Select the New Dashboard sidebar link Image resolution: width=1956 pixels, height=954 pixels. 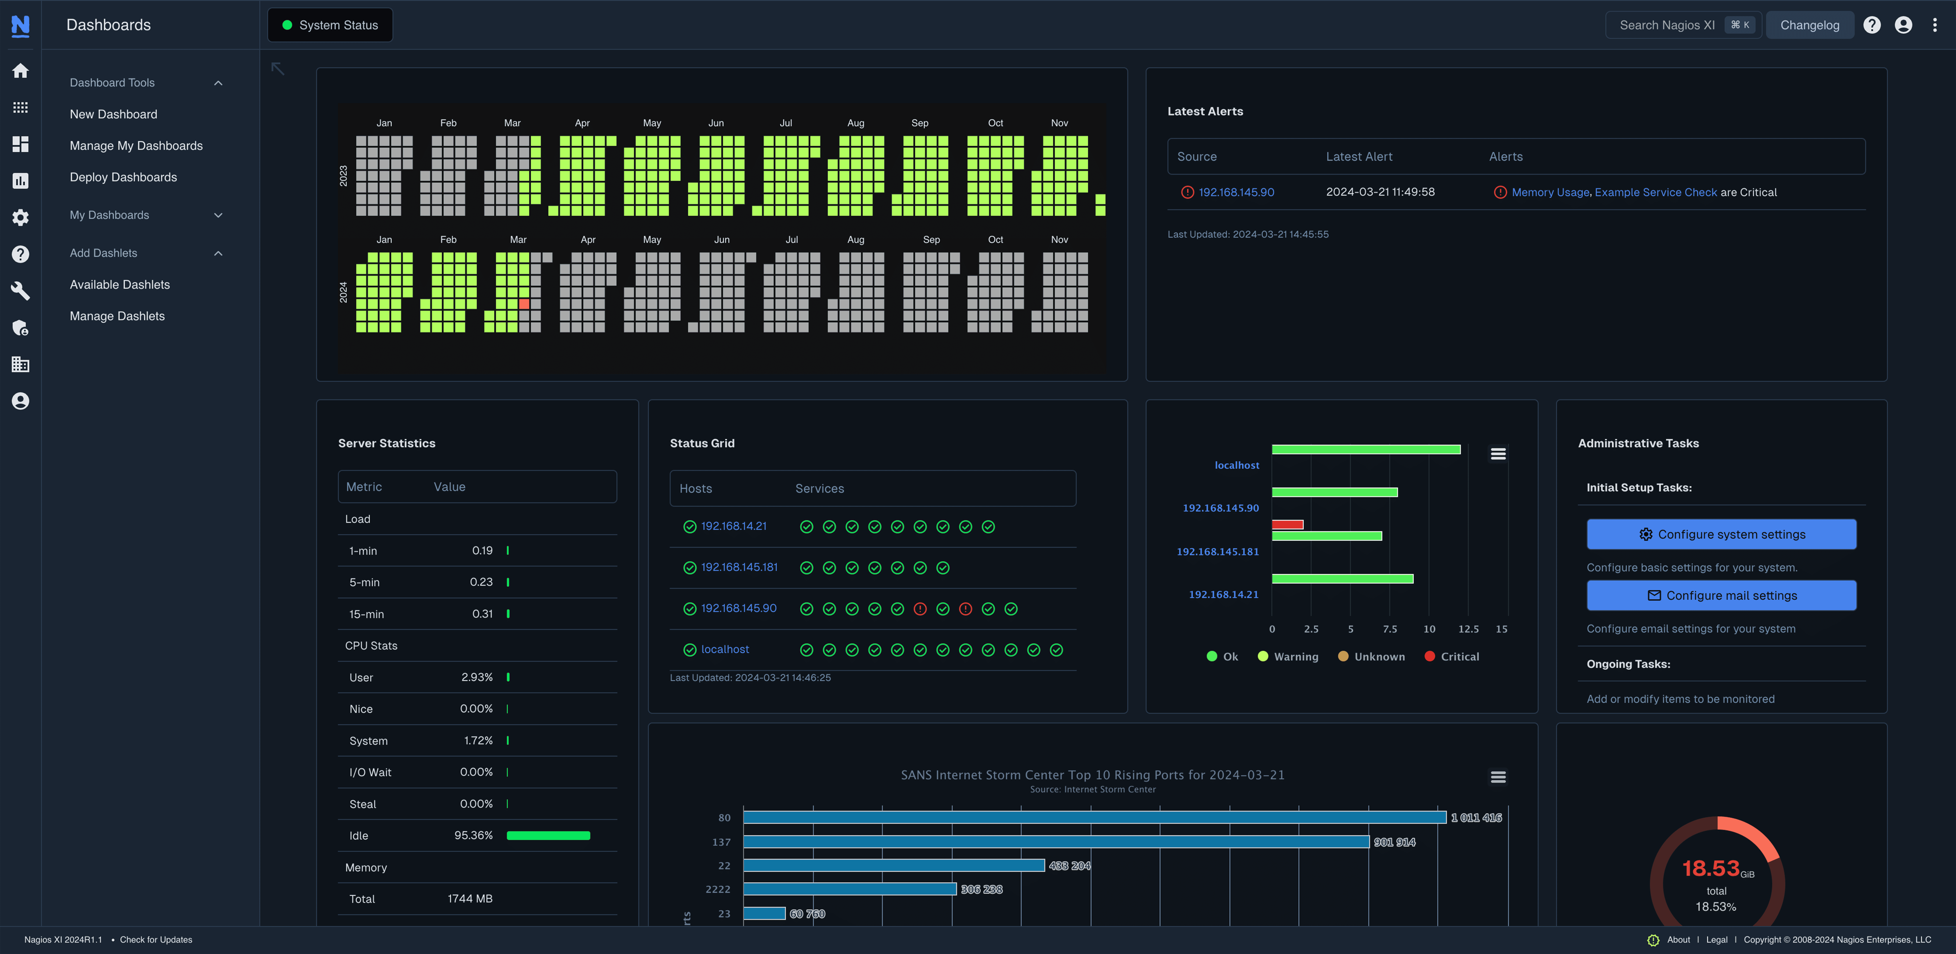click(113, 114)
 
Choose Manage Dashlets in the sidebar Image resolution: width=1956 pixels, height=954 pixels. click(117, 316)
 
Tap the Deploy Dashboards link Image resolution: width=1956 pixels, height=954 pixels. click(123, 177)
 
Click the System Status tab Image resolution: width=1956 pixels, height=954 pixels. click(330, 25)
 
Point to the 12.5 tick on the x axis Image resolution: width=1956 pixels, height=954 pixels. click(1468, 629)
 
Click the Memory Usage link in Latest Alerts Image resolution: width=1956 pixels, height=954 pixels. click(1550, 192)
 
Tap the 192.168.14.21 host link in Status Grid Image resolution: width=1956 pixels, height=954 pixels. click(733, 526)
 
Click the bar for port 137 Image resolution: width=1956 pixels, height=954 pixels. click(1055, 842)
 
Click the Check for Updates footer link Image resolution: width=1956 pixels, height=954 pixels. click(156, 940)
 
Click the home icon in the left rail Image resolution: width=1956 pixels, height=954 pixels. click(21, 71)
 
